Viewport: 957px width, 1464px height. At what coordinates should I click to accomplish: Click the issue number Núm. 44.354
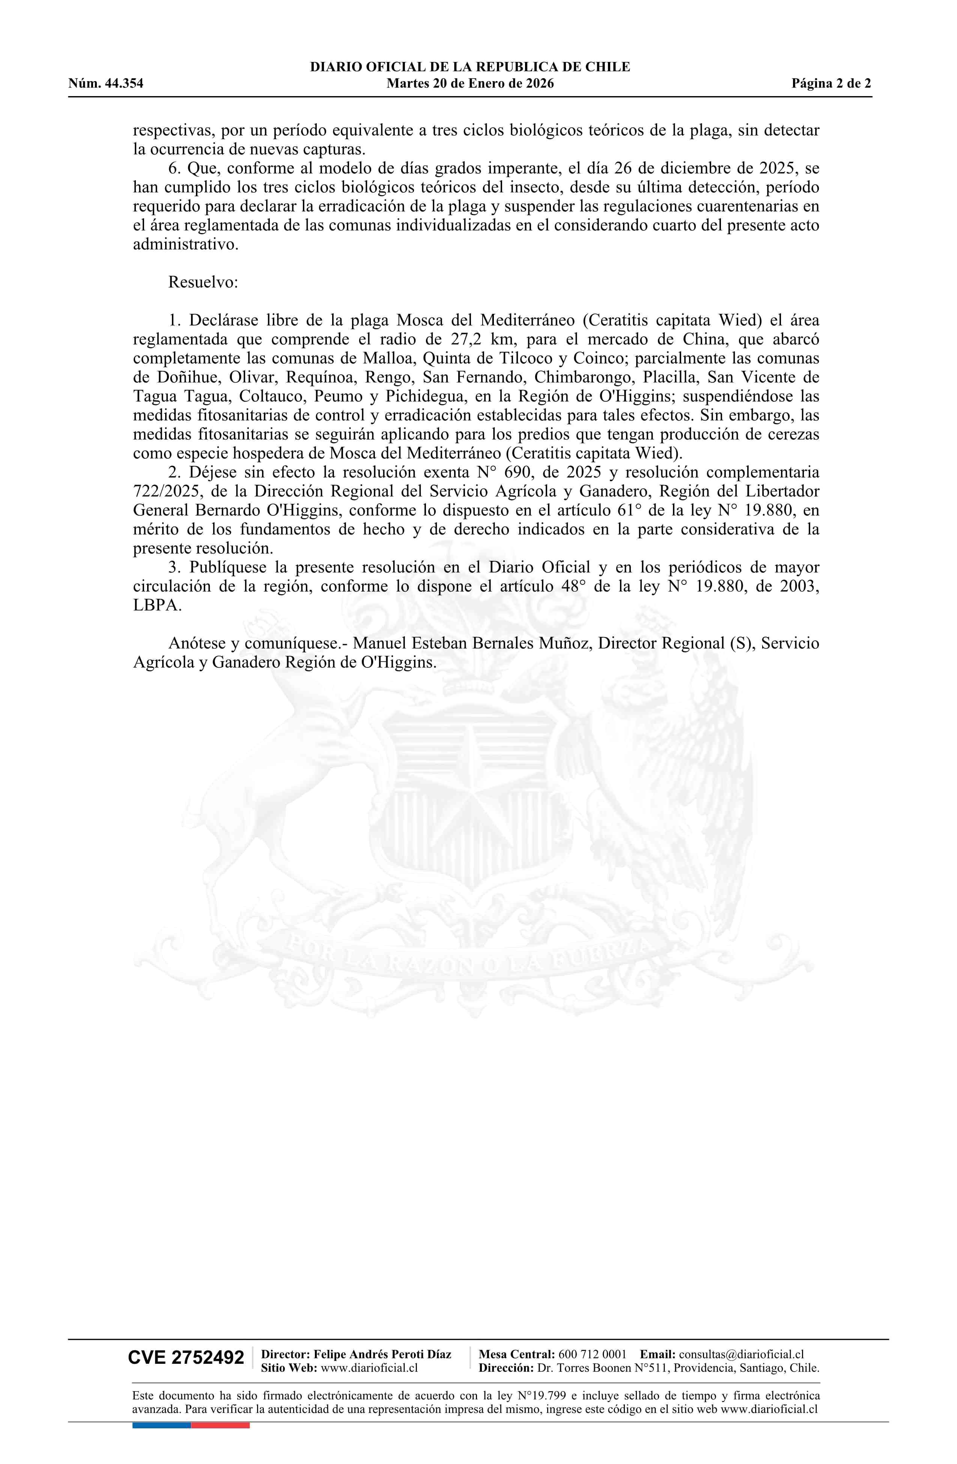(x=106, y=84)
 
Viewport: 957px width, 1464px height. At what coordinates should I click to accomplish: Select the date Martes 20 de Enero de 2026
(x=470, y=84)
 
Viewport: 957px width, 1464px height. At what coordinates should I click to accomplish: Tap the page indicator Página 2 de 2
(x=831, y=84)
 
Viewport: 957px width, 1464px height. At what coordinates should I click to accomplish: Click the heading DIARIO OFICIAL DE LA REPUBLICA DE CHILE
(x=470, y=67)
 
